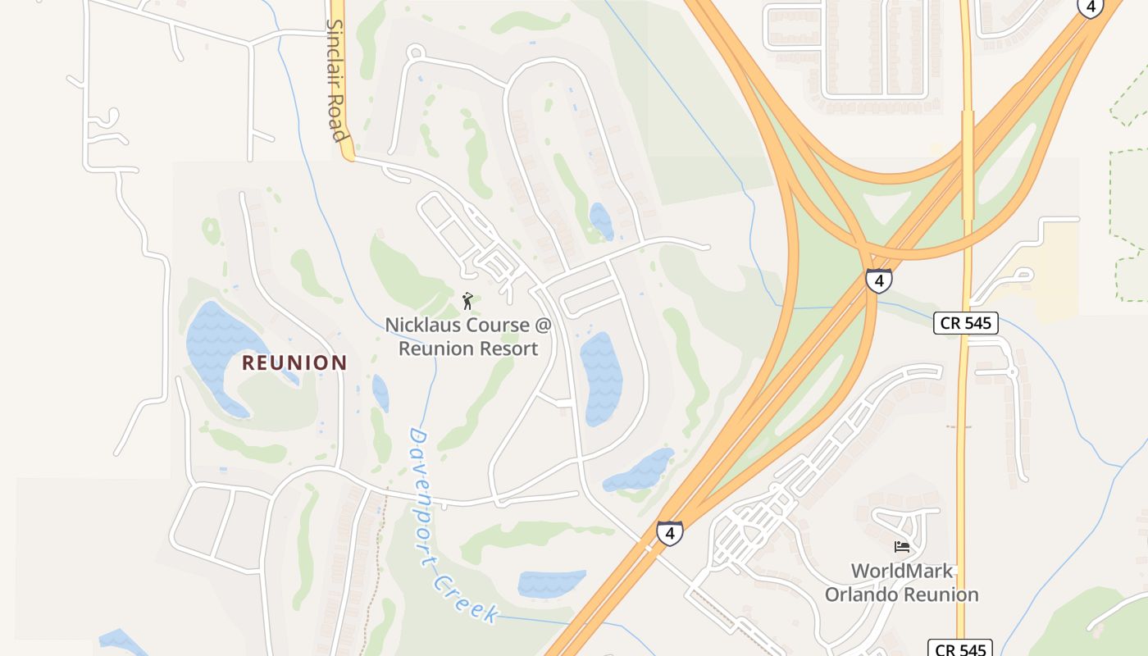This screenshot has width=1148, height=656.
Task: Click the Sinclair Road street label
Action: pyautogui.click(x=337, y=80)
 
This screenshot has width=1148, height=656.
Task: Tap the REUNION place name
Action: pyautogui.click(x=294, y=362)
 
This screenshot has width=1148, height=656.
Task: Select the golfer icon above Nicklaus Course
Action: pyautogui.click(x=468, y=301)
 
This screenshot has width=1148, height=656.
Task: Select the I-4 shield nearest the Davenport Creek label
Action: pyautogui.click(x=669, y=534)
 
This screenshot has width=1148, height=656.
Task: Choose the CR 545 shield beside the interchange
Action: pyautogui.click(x=966, y=323)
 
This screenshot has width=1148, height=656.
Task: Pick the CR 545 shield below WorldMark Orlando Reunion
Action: pyautogui.click(x=960, y=649)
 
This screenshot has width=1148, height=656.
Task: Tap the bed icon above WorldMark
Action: pyautogui.click(x=901, y=547)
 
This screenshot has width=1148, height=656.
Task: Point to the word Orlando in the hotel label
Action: pyautogui.click(x=859, y=594)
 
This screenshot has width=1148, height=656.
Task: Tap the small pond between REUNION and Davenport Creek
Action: pyautogui.click(x=380, y=392)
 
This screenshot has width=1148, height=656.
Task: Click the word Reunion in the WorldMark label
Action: pyautogui.click(x=941, y=594)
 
